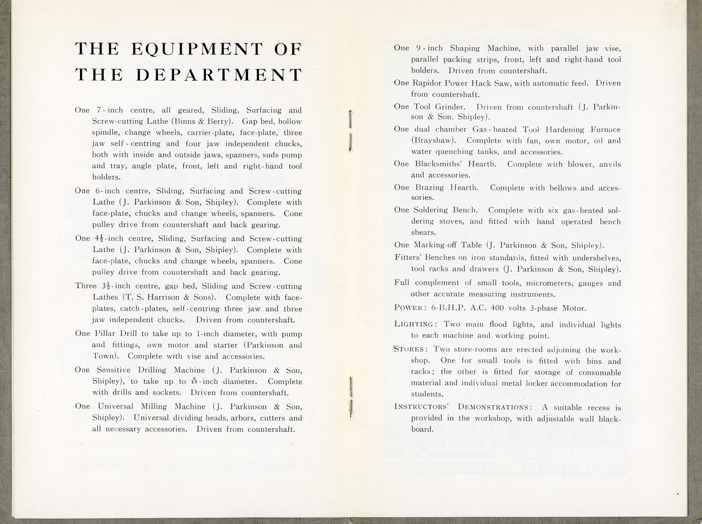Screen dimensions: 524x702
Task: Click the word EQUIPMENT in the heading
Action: [197, 49]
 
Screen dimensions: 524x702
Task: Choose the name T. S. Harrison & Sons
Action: [168, 297]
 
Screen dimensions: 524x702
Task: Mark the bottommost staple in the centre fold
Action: [351, 409]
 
